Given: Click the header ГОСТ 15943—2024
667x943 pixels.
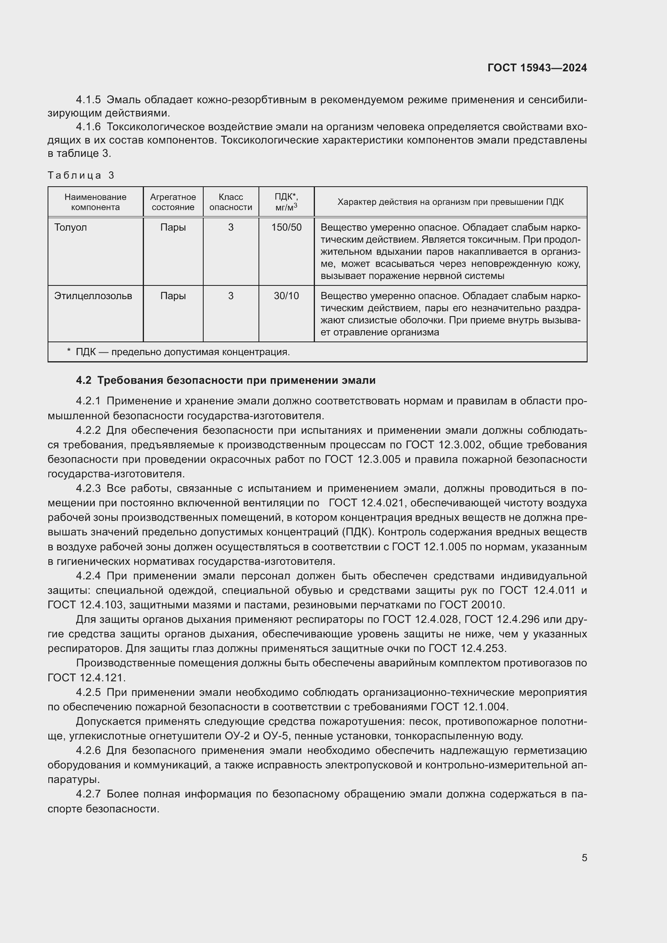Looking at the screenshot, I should click(x=537, y=68).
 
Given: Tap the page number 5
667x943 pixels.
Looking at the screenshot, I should click(x=584, y=858).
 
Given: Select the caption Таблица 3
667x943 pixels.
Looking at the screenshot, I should click(x=81, y=175).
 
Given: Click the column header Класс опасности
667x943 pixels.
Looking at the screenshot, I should click(x=230, y=202).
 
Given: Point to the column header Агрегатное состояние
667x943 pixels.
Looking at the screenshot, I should click(x=173, y=202).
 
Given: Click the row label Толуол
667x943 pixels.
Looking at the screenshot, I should click(x=71, y=227).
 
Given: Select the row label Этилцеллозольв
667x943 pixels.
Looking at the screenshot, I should click(x=93, y=296).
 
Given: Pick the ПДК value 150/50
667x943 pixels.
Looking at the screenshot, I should click(x=286, y=227).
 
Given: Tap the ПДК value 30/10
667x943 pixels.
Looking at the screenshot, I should click(x=286, y=296).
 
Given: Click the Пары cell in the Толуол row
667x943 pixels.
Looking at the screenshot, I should click(x=173, y=227).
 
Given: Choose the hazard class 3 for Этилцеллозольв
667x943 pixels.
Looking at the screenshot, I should click(x=230, y=296).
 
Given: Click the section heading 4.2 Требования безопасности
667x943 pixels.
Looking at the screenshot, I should click(x=225, y=380).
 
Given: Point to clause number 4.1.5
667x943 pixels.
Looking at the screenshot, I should click(x=88, y=100).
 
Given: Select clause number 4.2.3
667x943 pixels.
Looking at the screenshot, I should click(x=88, y=488).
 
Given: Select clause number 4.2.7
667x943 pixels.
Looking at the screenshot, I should click(x=88, y=794).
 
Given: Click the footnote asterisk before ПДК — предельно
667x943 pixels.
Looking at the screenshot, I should click(x=69, y=352).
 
